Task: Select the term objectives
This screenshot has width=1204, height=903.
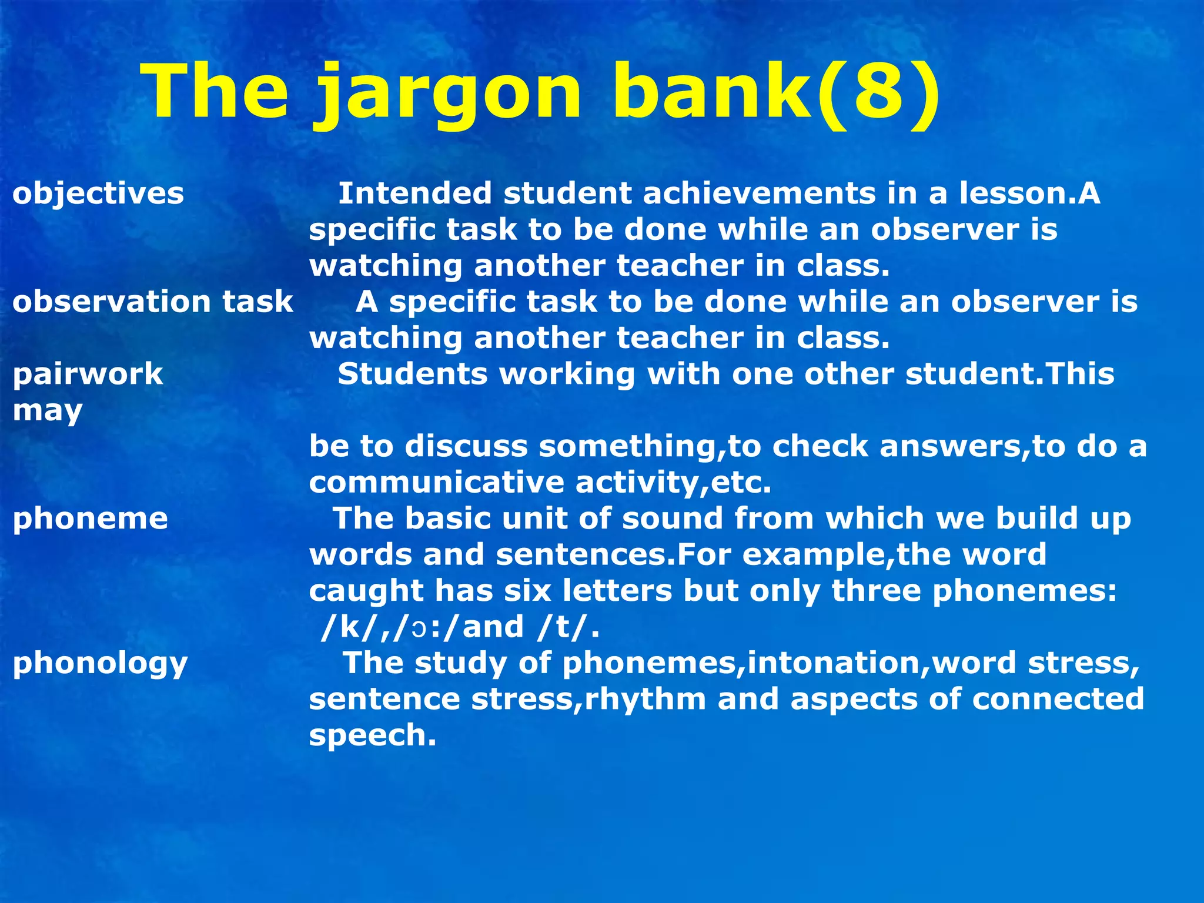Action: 98,193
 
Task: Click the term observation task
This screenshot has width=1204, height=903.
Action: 153,302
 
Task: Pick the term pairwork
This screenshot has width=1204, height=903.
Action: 88,374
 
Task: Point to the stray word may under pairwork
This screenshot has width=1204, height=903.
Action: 48,411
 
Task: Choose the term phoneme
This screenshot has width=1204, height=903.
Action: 91,519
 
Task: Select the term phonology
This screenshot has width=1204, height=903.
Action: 101,663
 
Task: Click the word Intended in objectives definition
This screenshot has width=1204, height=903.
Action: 414,193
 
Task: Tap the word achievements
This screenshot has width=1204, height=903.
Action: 759,193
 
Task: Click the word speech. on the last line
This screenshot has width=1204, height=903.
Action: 373,735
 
